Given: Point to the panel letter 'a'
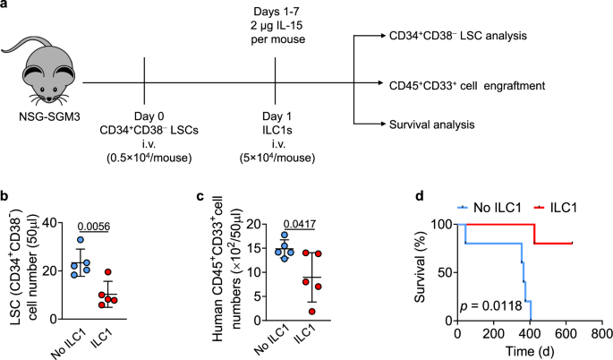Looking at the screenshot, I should click(x=6, y=7).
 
